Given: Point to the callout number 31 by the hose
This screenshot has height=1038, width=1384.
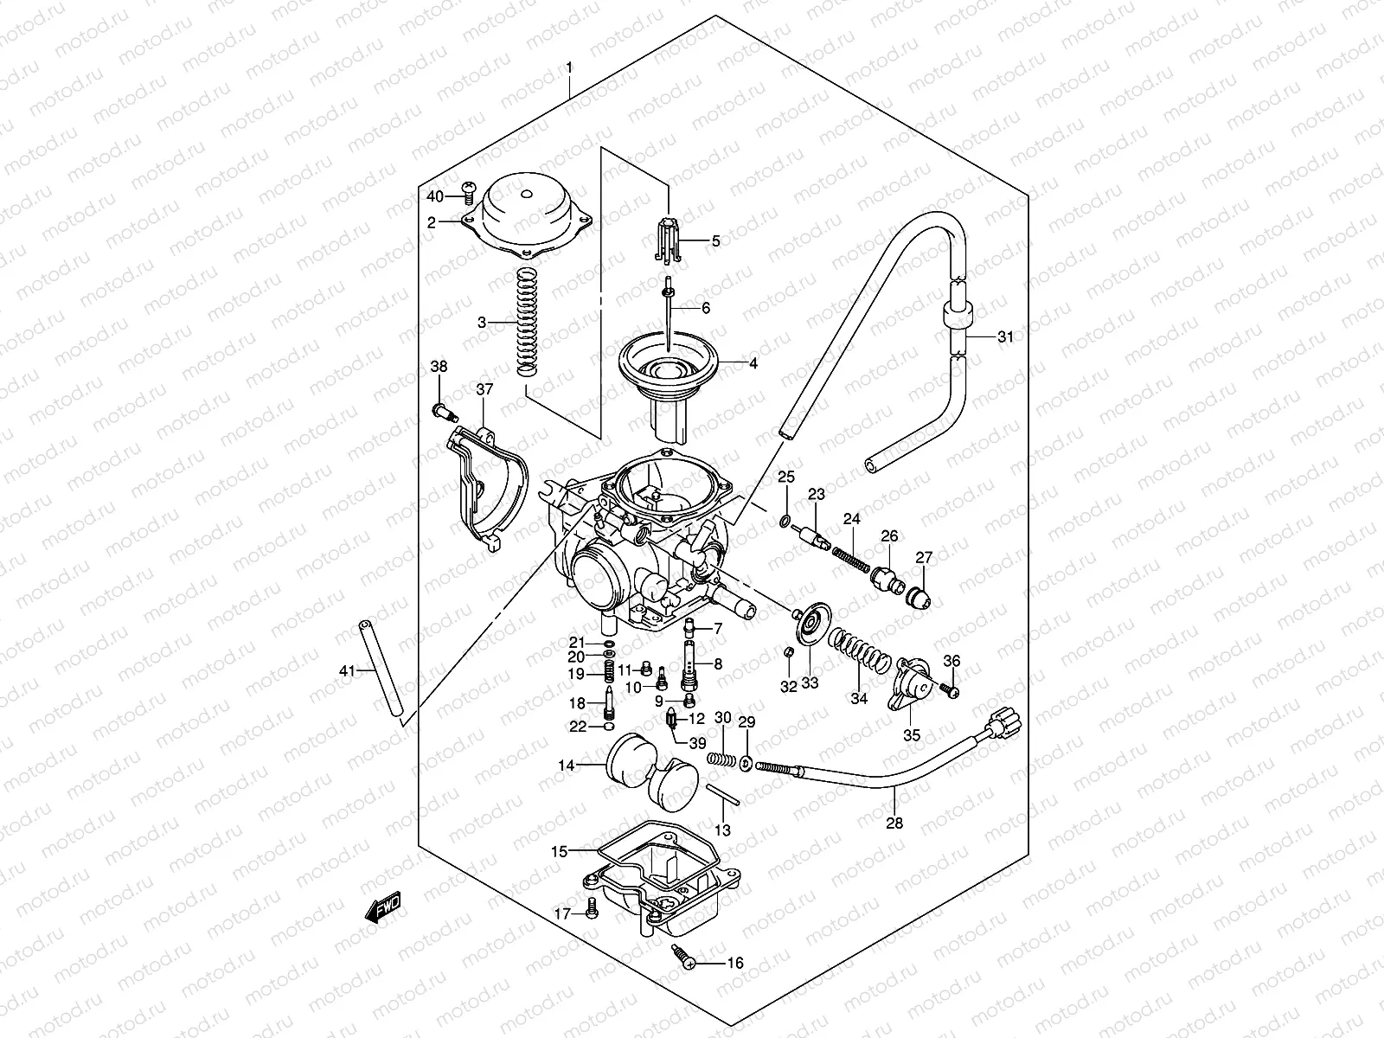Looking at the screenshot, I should (x=1003, y=337).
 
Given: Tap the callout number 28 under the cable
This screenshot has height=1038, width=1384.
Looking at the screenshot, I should (x=894, y=823).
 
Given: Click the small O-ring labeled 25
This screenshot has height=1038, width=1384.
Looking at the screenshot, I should (x=783, y=521).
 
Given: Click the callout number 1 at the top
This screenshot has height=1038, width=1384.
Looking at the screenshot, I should (x=568, y=67).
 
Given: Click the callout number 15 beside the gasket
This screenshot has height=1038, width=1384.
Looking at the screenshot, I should (x=559, y=851).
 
